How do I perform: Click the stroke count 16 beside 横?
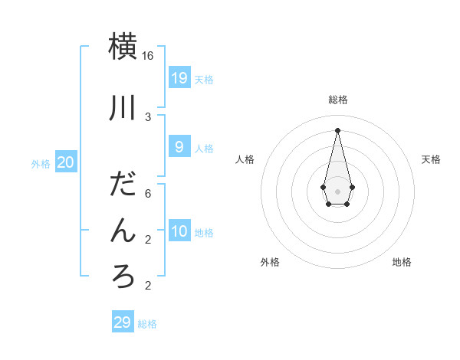[148, 56]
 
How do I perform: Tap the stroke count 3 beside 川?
[148, 116]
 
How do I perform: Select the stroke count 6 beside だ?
[148, 193]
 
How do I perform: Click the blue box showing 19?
[179, 77]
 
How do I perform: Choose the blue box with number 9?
[179, 146]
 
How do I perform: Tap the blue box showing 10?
[179, 231]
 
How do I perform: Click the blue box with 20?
[65, 162]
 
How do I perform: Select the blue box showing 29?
[123, 322]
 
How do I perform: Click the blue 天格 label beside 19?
[204, 80]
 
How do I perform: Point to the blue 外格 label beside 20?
[41, 164]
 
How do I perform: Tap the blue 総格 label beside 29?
[147, 325]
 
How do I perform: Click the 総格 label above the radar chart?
[338, 100]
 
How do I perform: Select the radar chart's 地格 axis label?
[402, 262]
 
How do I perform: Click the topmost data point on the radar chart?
[337, 129]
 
